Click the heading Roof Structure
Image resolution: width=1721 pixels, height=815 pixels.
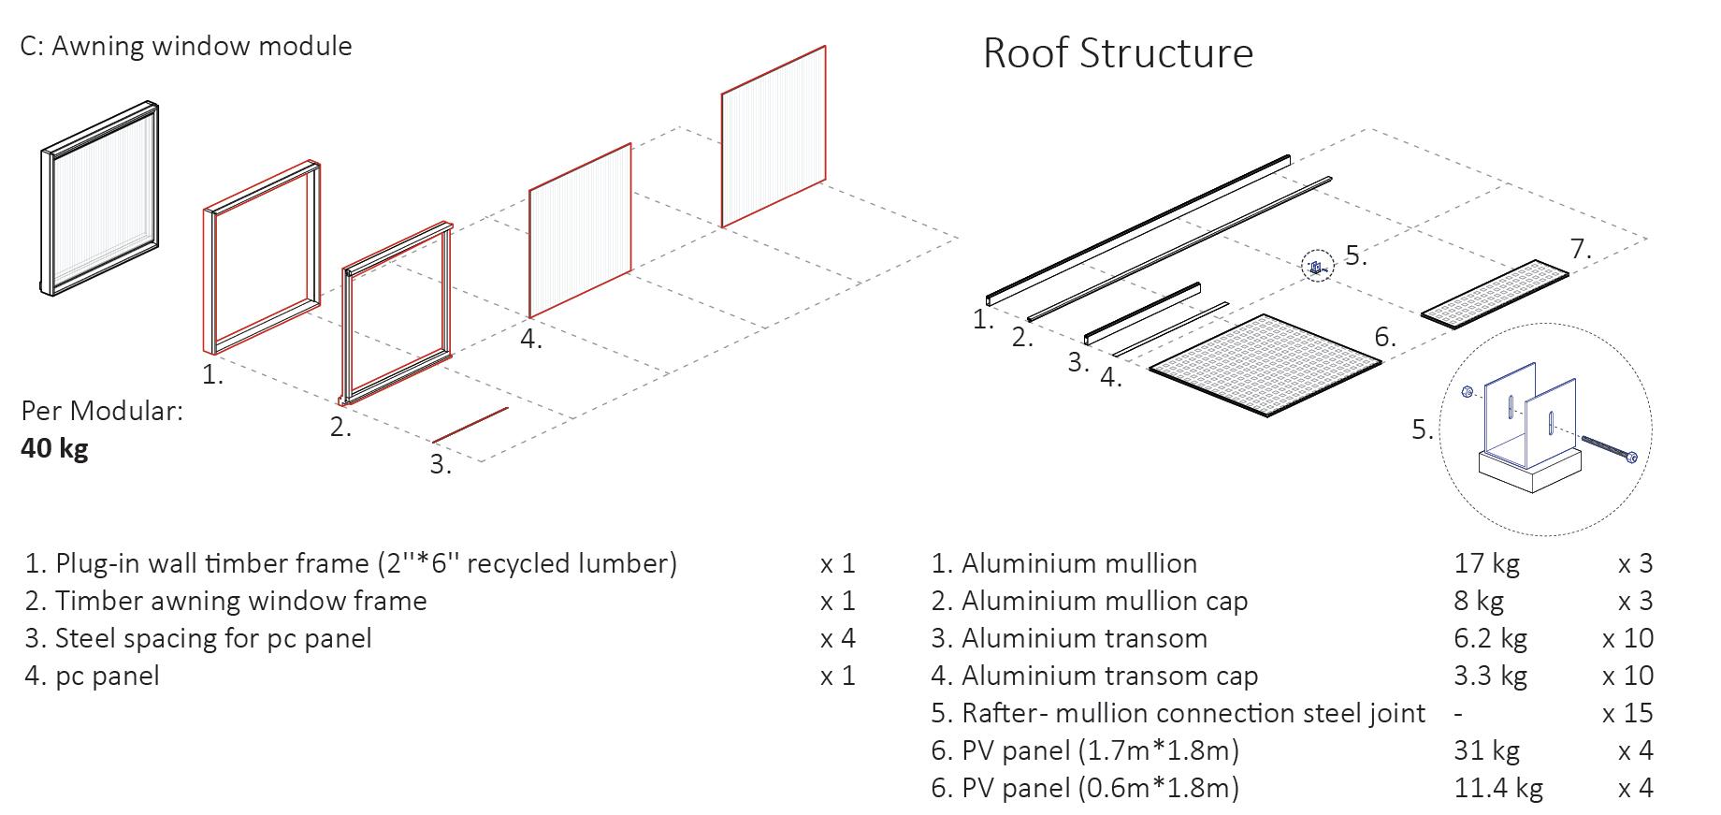pyautogui.click(x=1118, y=52)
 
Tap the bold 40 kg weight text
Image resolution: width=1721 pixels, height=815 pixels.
pyautogui.click(x=54, y=448)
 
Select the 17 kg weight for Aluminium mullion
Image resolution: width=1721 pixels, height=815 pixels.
pyautogui.click(x=1486, y=563)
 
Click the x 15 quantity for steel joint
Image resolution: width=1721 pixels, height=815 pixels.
pyautogui.click(x=1627, y=713)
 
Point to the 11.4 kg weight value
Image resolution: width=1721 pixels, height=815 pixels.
pyautogui.click(x=1498, y=788)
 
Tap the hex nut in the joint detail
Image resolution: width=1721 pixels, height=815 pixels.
pyautogui.click(x=1467, y=391)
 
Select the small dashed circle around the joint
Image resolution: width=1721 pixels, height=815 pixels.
pyautogui.click(x=1317, y=268)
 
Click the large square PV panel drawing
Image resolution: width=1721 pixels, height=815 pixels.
pyautogui.click(x=1265, y=365)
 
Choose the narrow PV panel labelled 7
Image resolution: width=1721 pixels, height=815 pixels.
pyautogui.click(x=1495, y=294)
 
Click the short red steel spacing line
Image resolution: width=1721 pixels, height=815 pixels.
pyautogui.click(x=470, y=425)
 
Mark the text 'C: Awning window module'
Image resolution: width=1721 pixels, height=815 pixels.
pyautogui.click(x=186, y=46)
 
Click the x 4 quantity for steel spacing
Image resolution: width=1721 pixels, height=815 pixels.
pyautogui.click(x=838, y=638)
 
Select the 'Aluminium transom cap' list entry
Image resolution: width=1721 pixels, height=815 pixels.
pyautogui.click(x=1094, y=677)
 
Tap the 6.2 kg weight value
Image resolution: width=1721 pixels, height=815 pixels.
pyautogui.click(x=1491, y=638)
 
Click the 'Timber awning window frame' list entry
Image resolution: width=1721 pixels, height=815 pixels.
pyautogui.click(x=225, y=601)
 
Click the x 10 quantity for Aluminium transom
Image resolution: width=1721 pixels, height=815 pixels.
pyautogui.click(x=1627, y=638)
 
